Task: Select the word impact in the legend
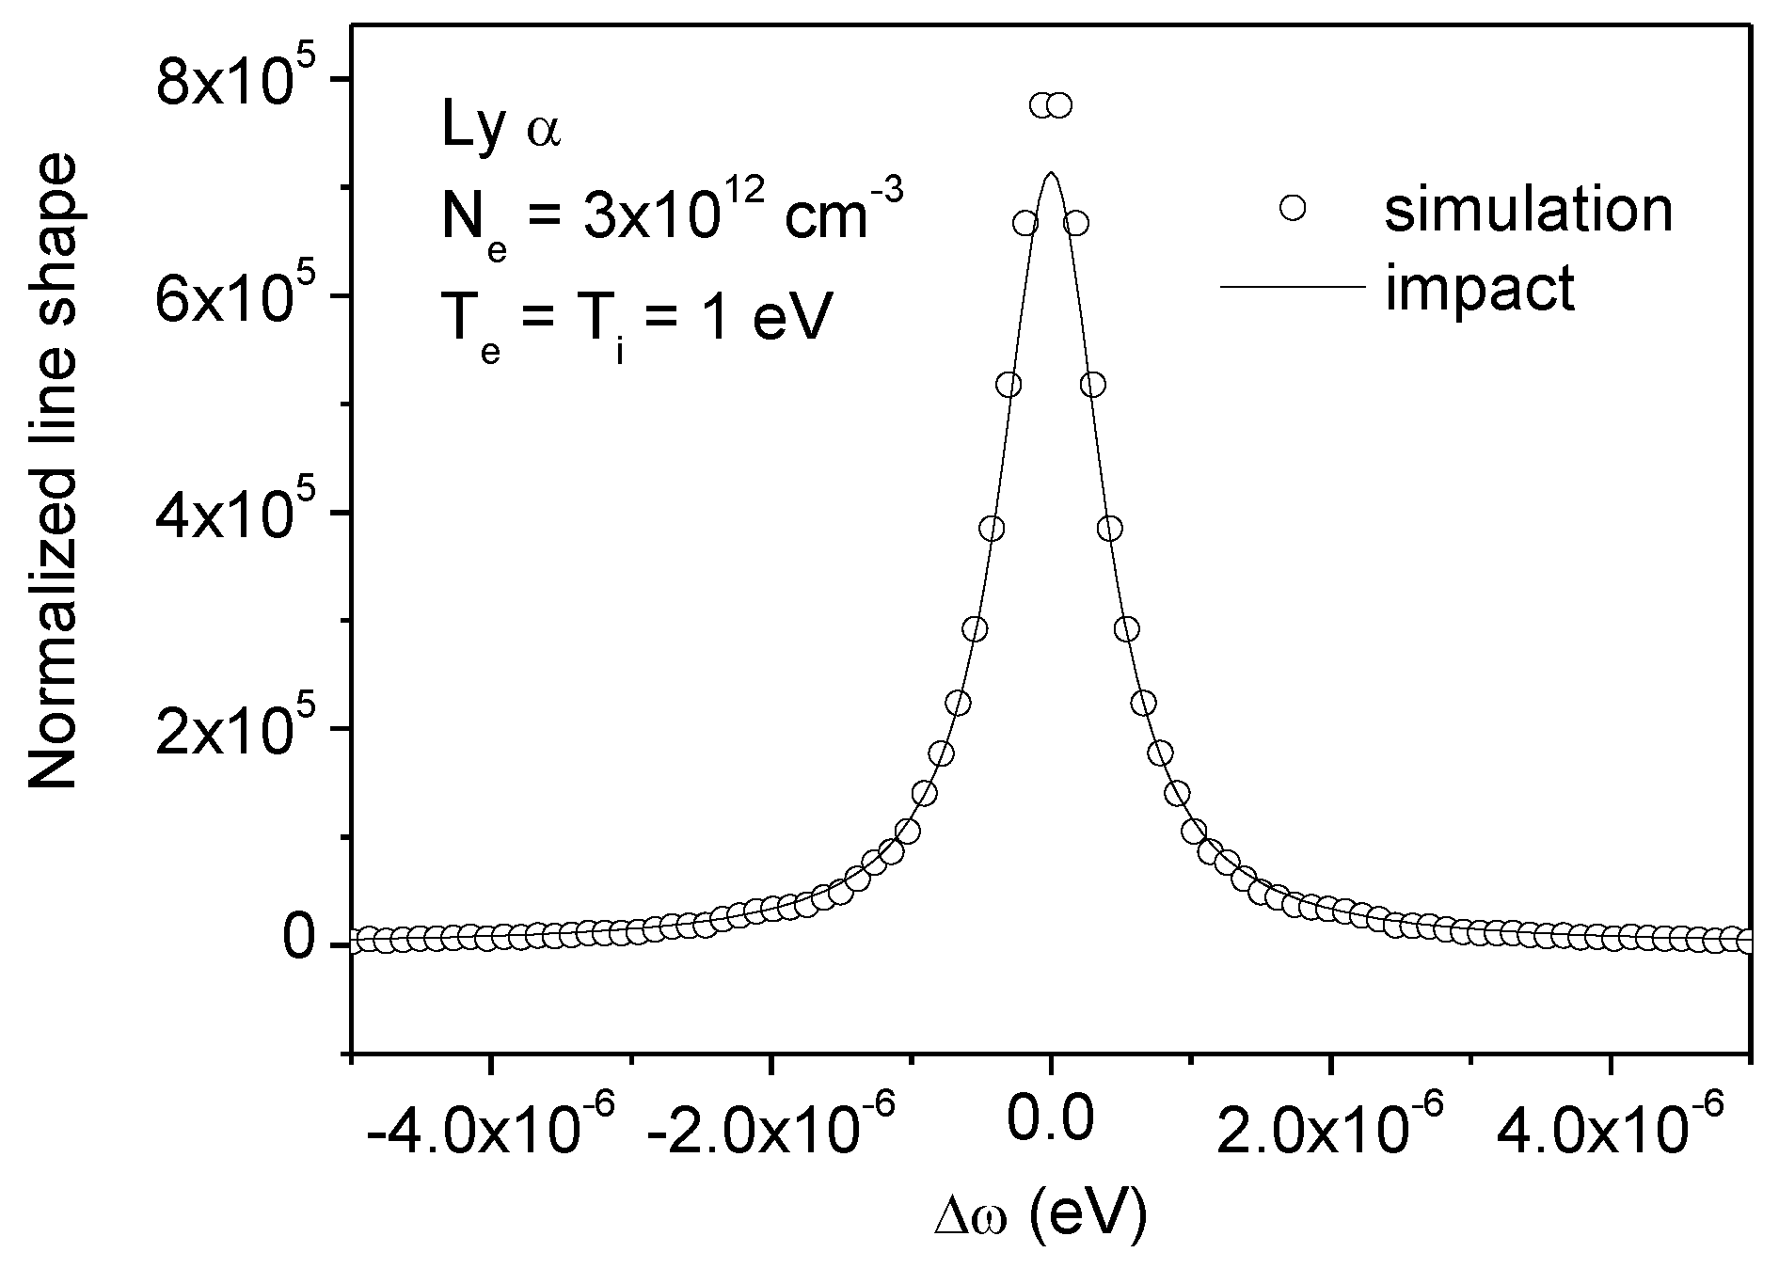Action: (1480, 288)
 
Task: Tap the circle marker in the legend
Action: (1294, 207)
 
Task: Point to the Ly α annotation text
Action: (501, 131)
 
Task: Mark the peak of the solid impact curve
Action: (1051, 174)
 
